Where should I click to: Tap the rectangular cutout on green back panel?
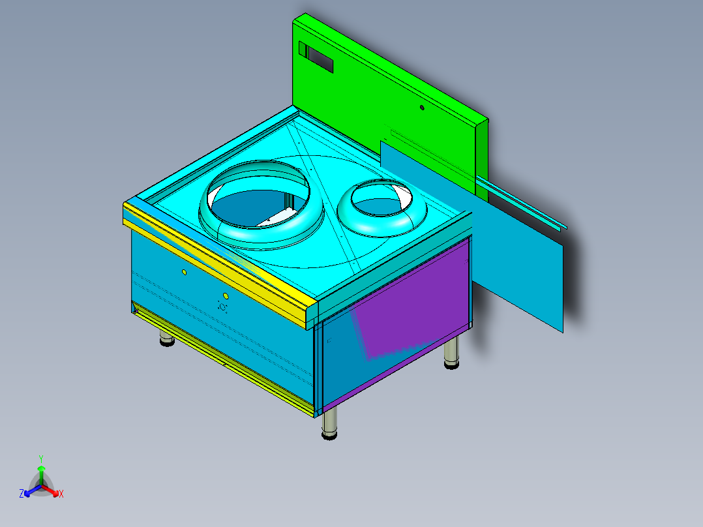point(316,57)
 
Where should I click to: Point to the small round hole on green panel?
point(422,107)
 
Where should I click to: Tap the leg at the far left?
point(167,339)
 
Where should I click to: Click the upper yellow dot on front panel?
point(185,271)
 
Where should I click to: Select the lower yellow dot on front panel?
point(226,295)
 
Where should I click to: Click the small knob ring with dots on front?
point(222,306)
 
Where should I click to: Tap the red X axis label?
point(61,494)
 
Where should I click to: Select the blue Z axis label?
point(22,494)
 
